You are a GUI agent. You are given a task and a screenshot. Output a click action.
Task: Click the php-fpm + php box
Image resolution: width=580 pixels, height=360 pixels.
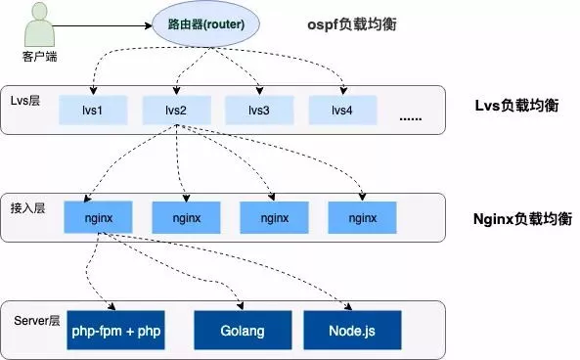coord(116,331)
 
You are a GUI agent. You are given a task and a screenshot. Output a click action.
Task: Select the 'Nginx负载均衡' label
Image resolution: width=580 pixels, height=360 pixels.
coord(515,216)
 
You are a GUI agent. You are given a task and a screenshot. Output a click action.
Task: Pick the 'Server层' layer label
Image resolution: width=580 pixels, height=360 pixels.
coord(36,321)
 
